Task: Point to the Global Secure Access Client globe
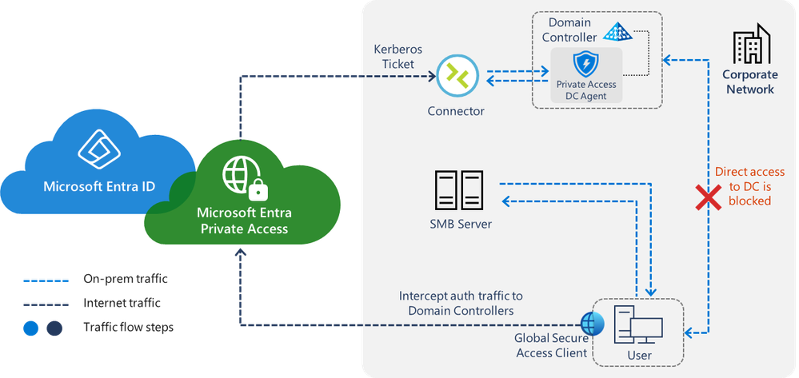click(x=593, y=323)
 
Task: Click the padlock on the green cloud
click(x=258, y=189)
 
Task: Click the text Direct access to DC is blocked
click(x=749, y=186)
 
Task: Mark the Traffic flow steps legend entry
click(x=126, y=327)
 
